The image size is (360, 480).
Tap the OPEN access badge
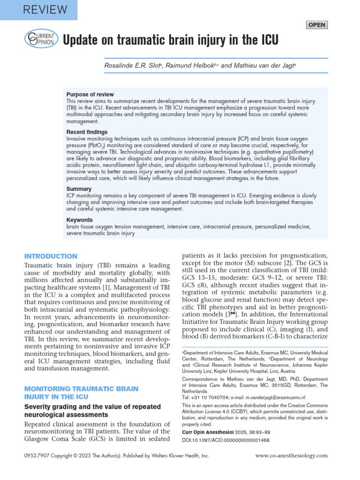[x=316, y=25]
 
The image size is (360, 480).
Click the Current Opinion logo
[x=42, y=39]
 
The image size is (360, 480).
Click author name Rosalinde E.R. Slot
[x=133, y=65]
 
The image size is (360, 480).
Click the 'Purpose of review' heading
[x=90, y=94]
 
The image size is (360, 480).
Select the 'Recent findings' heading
[x=87, y=132]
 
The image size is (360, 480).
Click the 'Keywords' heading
[x=80, y=220]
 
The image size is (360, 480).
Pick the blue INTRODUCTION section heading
[x=51, y=256]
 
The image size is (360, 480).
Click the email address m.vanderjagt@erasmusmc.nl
[x=270, y=397]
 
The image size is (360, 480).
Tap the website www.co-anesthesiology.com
[x=291, y=455]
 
